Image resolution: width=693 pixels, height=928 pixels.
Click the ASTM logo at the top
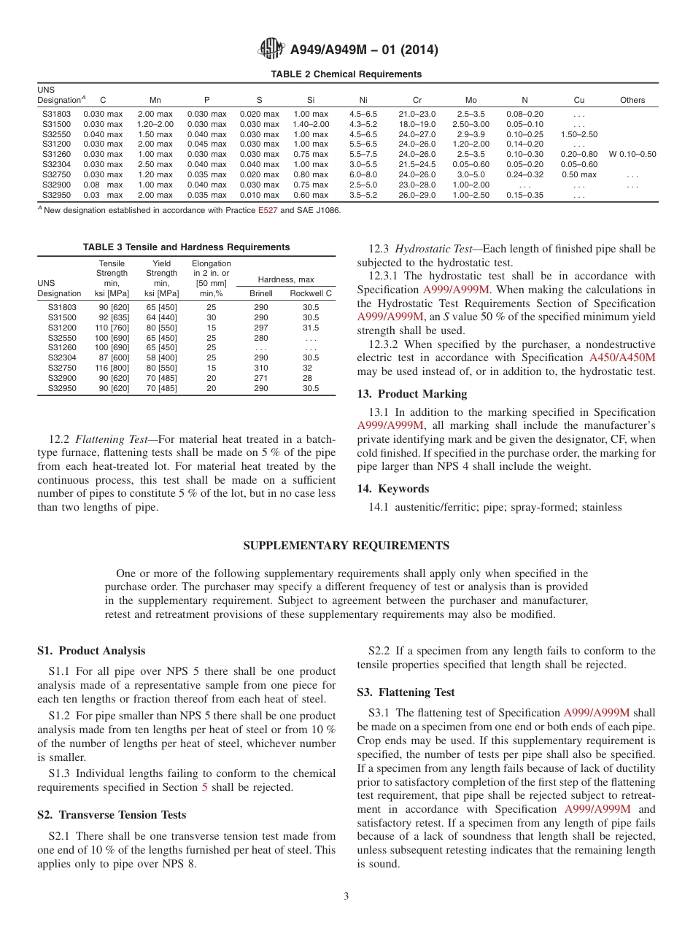(271, 50)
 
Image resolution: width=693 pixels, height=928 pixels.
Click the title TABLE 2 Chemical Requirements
(346, 74)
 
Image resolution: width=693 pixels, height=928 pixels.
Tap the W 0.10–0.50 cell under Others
(632, 154)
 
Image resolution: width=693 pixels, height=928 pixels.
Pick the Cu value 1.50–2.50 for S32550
(579, 134)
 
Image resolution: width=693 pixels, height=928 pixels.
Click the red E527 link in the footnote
(267, 210)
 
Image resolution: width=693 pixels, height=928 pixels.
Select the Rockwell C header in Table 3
(311, 293)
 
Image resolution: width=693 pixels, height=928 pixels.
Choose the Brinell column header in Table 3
(260, 293)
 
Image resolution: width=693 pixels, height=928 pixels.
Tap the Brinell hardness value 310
(260, 368)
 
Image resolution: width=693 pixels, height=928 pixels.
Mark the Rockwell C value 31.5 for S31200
(311, 328)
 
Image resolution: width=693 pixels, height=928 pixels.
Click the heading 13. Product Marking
(411, 394)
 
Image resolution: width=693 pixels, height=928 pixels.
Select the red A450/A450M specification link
(622, 357)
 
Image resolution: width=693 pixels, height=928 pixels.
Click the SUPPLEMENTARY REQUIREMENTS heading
(346, 546)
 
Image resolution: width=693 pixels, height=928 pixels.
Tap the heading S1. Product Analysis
(91, 651)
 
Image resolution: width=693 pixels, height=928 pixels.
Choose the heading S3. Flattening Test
(406, 692)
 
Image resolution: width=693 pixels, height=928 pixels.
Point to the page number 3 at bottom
(346, 897)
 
